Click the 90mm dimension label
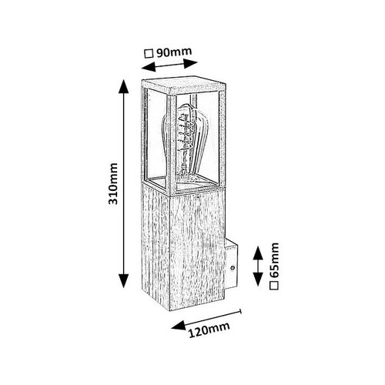click(x=174, y=52)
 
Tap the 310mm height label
click(x=113, y=183)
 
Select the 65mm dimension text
click(x=274, y=260)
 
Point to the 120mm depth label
click(x=209, y=330)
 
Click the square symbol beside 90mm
click(x=149, y=54)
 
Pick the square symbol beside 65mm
click(x=274, y=286)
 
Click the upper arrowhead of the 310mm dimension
click(x=124, y=86)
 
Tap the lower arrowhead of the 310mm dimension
click(x=124, y=281)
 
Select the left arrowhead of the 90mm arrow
click(x=149, y=67)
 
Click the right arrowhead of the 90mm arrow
click(x=190, y=63)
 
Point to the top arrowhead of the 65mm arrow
click(x=258, y=253)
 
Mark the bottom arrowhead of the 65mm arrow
click(x=258, y=279)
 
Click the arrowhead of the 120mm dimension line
click(x=179, y=325)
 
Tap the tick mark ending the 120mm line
click(x=240, y=311)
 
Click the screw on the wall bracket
click(x=233, y=268)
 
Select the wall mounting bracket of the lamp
click(x=231, y=266)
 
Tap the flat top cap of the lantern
click(x=183, y=85)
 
